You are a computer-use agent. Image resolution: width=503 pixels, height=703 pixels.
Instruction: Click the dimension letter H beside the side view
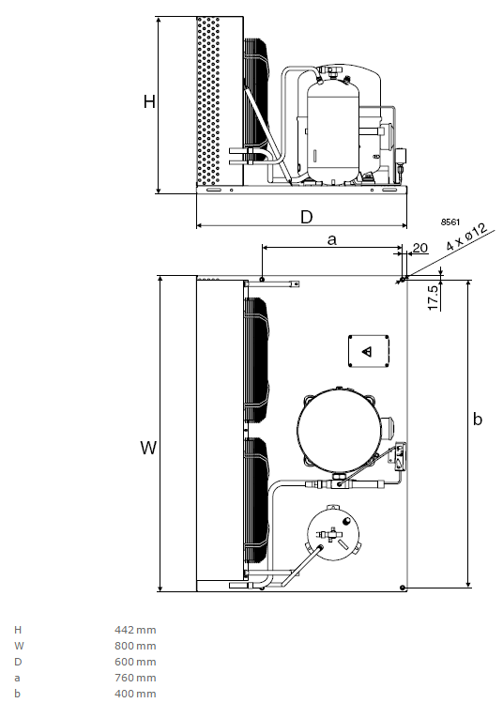pyautogui.click(x=149, y=101)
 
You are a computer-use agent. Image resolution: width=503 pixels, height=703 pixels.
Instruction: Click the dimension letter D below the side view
pyautogui.click(x=307, y=217)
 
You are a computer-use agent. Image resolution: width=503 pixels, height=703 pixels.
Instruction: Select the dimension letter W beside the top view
pyautogui.click(x=148, y=448)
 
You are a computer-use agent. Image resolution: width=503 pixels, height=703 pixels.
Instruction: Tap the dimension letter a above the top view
pyautogui.click(x=332, y=240)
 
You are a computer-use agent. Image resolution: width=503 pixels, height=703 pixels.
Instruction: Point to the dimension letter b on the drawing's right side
pyautogui.click(x=478, y=419)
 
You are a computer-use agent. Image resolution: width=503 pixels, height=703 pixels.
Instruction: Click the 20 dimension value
pyautogui.click(x=419, y=248)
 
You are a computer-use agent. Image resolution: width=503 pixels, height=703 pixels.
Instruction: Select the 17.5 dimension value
pyautogui.click(x=433, y=298)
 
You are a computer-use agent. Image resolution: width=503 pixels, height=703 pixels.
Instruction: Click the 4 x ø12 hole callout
pyautogui.click(x=466, y=237)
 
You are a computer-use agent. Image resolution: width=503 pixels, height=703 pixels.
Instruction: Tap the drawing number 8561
pyautogui.click(x=450, y=222)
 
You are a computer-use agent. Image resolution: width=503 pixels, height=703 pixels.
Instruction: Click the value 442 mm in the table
pyautogui.click(x=135, y=630)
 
